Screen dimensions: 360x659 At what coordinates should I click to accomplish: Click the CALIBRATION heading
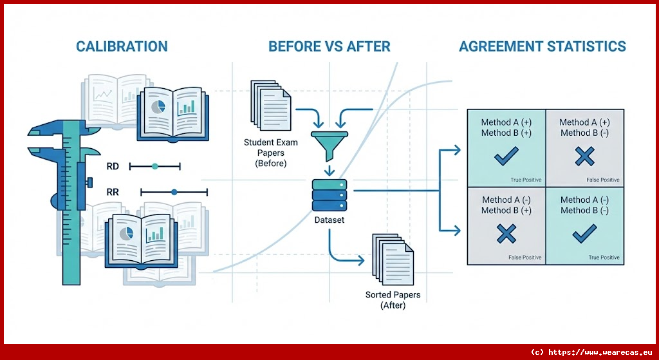pyautogui.click(x=122, y=46)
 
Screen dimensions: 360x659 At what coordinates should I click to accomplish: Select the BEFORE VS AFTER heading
pyautogui.click(x=329, y=46)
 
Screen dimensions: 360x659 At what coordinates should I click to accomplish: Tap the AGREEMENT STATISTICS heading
pyautogui.click(x=542, y=46)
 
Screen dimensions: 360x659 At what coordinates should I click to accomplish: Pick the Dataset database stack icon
pyautogui.click(x=329, y=196)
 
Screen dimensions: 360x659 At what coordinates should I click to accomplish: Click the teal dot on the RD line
pyautogui.click(x=154, y=166)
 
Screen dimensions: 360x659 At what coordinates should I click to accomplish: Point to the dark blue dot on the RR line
pyautogui.click(x=174, y=192)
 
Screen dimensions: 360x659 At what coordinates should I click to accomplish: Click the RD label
pyautogui.click(x=113, y=166)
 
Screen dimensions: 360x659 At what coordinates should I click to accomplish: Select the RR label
pyautogui.click(x=113, y=192)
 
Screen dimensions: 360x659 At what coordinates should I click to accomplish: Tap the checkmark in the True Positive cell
pyautogui.click(x=506, y=156)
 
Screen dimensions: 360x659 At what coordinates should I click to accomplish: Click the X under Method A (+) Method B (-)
pyautogui.click(x=584, y=156)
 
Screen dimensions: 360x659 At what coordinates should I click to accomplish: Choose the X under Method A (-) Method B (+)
pyautogui.click(x=506, y=234)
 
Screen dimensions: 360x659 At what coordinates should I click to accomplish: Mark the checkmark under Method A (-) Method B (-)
pyautogui.click(x=584, y=234)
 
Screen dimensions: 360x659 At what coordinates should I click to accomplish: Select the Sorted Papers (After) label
pyautogui.click(x=393, y=300)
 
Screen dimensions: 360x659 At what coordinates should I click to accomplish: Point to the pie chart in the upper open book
pyautogui.click(x=157, y=107)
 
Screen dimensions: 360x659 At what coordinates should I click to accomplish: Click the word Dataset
pyautogui.click(x=329, y=220)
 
